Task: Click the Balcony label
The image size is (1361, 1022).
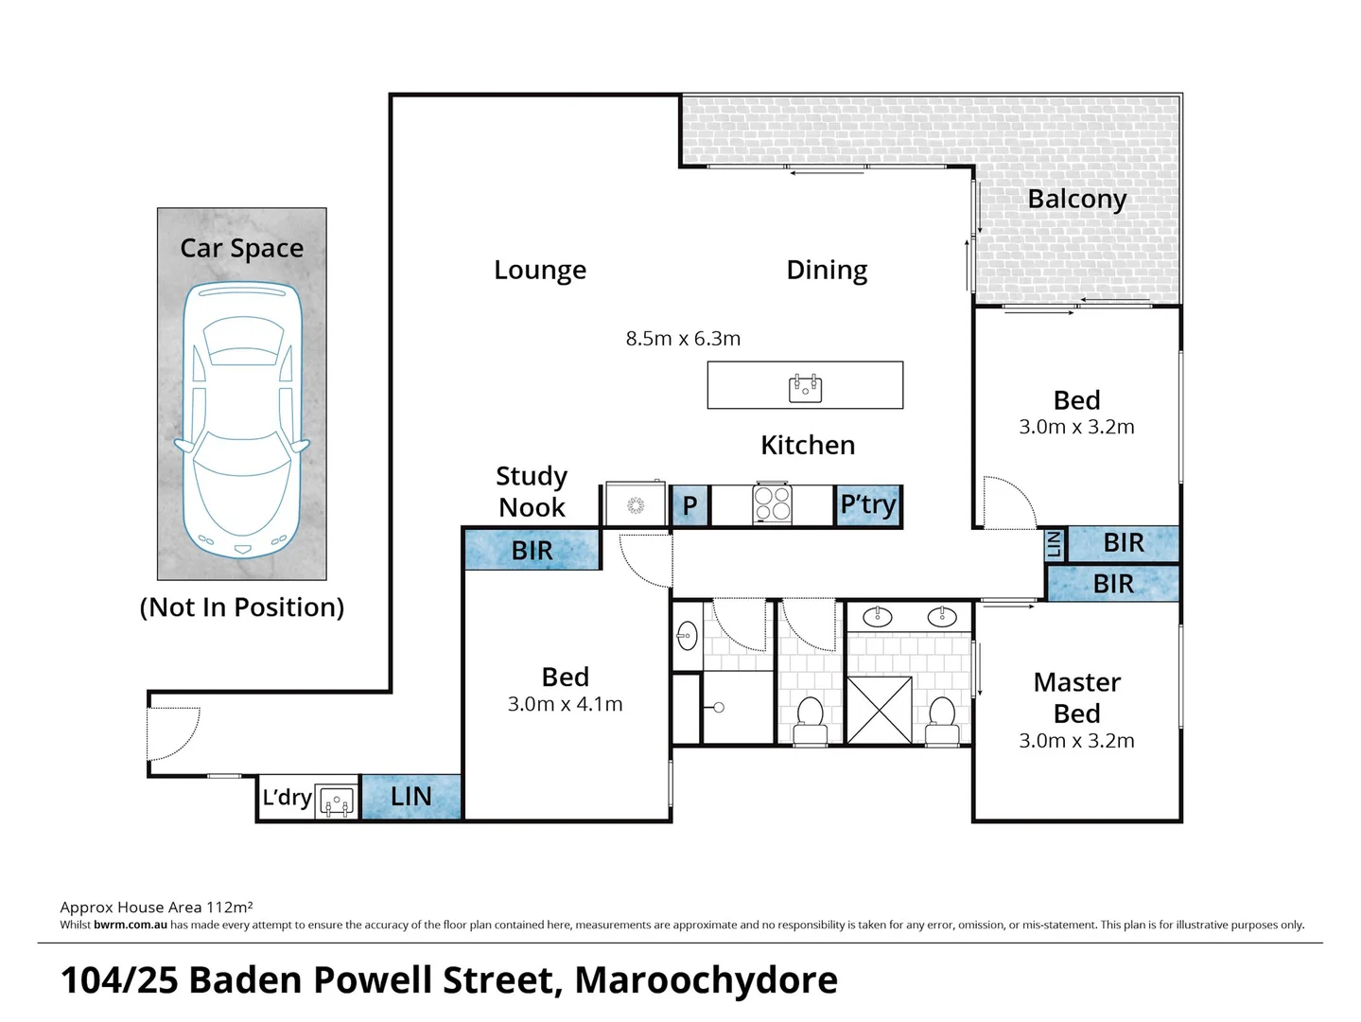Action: (1076, 200)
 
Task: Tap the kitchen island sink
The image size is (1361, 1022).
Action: (805, 388)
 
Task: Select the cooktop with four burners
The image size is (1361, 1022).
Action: (772, 502)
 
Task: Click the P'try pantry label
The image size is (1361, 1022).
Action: (868, 504)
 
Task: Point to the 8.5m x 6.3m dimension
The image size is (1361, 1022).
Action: (683, 339)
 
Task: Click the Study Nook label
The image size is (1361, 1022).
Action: (532, 492)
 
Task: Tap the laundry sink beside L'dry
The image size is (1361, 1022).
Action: (336, 802)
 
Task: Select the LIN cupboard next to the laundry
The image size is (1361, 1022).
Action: (410, 797)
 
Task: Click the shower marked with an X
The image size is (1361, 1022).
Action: (880, 710)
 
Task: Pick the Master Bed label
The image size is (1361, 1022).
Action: (1076, 698)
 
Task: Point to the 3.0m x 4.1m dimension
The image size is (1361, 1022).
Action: (565, 704)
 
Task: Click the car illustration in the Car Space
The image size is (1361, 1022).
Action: (242, 419)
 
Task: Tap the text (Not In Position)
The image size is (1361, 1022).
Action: (242, 608)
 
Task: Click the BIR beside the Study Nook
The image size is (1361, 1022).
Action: (532, 550)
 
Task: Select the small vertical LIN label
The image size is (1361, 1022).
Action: (1054, 545)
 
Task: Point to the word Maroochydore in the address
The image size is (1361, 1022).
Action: (706, 979)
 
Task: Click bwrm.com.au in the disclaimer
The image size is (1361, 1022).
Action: (131, 925)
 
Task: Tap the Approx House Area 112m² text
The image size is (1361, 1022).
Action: (156, 907)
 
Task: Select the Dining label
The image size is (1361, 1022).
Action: (827, 271)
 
